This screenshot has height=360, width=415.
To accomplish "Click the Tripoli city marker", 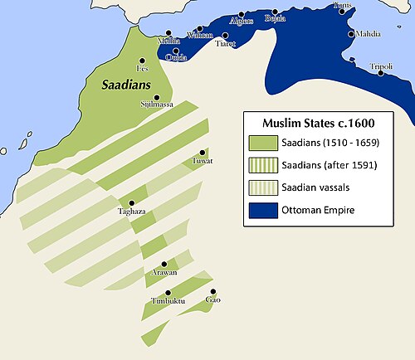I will point(381,73).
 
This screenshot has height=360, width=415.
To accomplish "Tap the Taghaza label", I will point(131,212).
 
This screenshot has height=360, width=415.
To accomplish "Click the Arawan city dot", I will point(164,264).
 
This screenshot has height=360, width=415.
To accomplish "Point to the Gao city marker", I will point(213,291).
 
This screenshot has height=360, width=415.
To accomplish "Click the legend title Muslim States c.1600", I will point(311,124).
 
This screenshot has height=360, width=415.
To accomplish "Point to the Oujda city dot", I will point(175,51).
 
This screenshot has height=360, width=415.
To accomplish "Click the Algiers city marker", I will point(241,15).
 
